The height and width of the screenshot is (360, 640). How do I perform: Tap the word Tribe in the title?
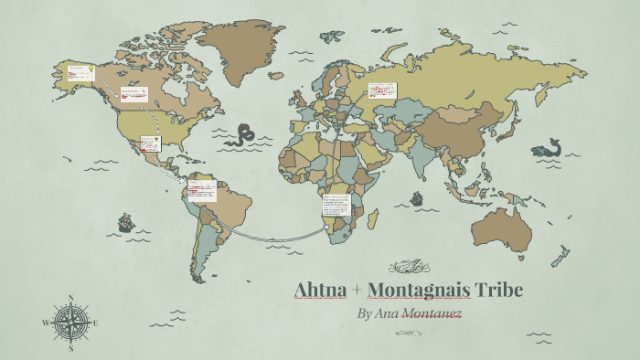pos(499,291)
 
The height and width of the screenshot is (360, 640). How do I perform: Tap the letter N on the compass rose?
pos(71,298)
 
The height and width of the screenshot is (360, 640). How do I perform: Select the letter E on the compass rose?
pos(95,323)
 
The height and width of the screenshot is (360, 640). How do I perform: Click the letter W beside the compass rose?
pos(46,323)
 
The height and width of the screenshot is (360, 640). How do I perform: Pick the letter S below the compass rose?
pos(71,348)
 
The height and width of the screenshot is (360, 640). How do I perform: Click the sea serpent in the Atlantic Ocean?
pos(242,135)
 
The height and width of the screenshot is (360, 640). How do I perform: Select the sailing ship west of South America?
pos(125,222)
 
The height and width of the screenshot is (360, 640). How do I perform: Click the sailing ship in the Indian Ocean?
pos(417,197)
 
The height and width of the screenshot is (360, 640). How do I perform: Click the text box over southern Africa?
pos(336,205)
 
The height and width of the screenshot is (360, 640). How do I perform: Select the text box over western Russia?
pos(381,90)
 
